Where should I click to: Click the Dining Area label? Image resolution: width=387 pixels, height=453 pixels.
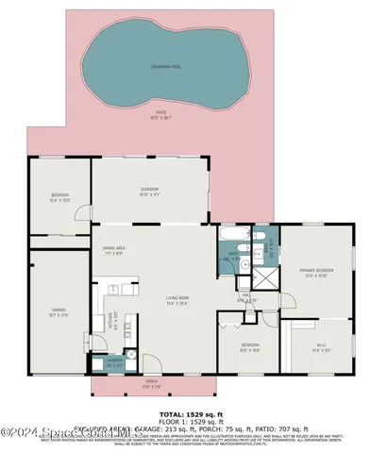(x=114, y=251)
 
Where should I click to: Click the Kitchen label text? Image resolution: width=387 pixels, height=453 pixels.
(x=112, y=321)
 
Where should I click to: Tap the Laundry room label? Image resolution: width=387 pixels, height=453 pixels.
(x=114, y=361)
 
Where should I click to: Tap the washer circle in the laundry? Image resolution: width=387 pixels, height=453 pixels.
(x=132, y=356)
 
